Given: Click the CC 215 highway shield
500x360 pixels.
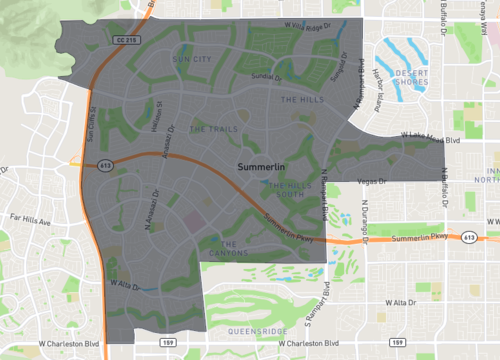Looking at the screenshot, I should click(x=125, y=39).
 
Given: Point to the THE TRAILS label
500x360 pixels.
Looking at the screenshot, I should click(x=213, y=129).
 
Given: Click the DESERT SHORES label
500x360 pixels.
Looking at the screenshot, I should click(x=412, y=78).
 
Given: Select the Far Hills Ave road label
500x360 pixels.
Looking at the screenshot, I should click(x=30, y=215).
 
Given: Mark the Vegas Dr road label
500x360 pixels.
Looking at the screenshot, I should click(x=371, y=181).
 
